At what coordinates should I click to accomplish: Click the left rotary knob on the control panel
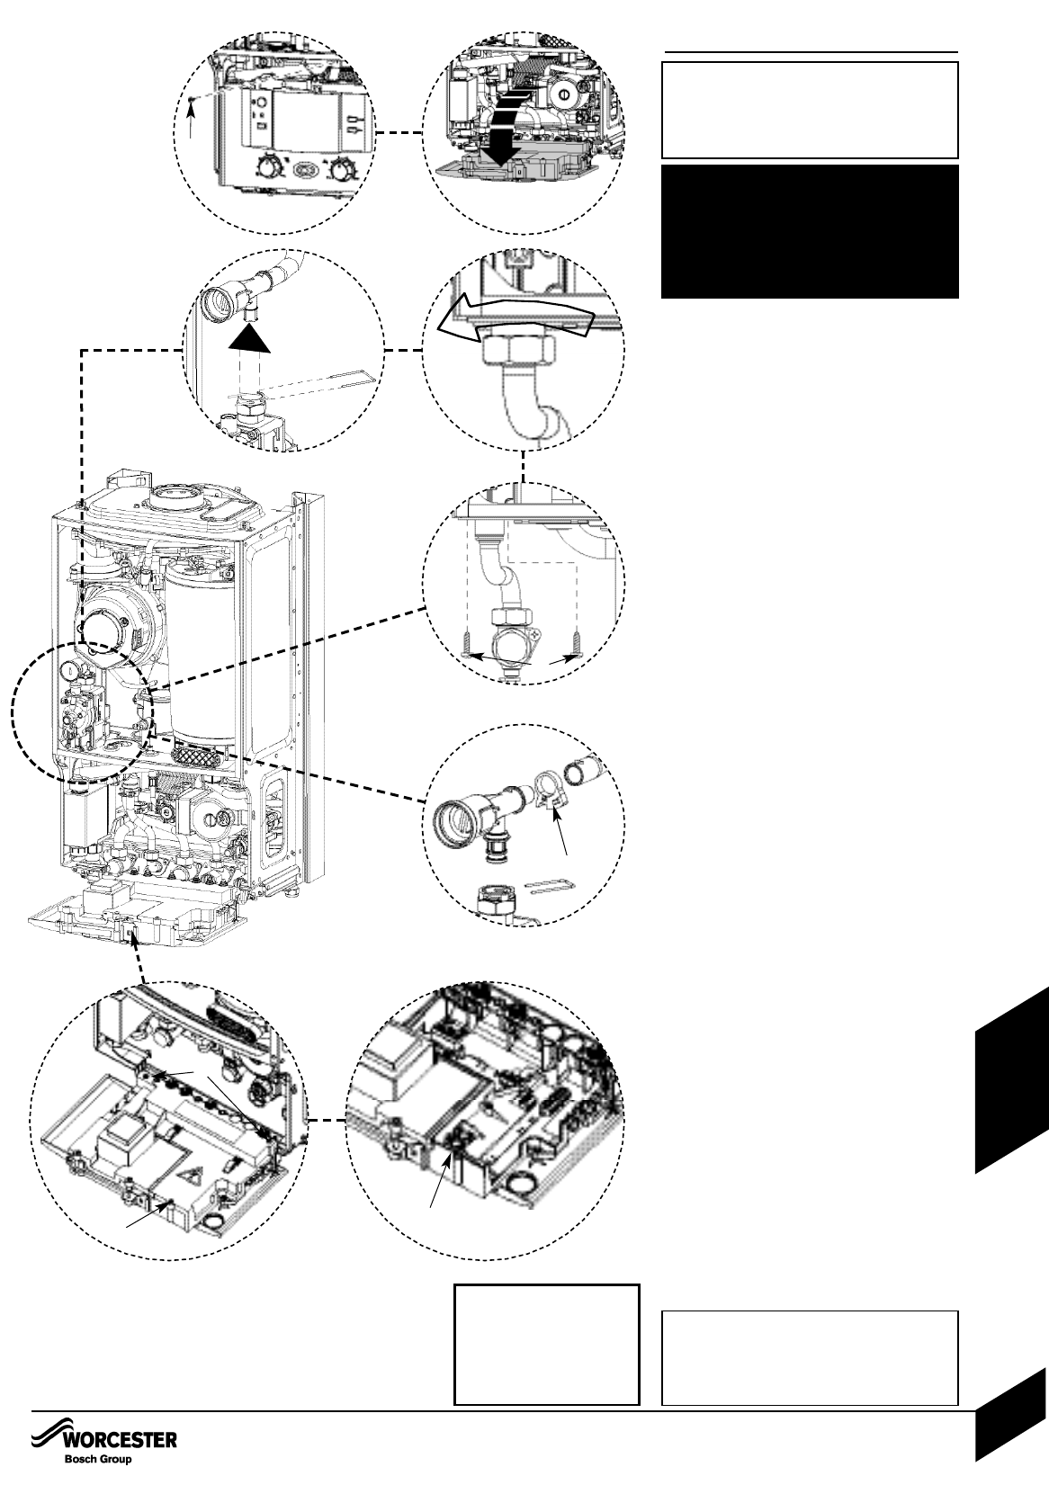pos(266,167)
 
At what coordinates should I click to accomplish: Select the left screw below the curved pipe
pos(469,640)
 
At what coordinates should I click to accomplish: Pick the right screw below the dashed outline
pos(579,640)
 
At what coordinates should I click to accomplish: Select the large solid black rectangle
pos(810,231)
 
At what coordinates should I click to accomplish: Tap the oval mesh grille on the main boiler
pos(198,754)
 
